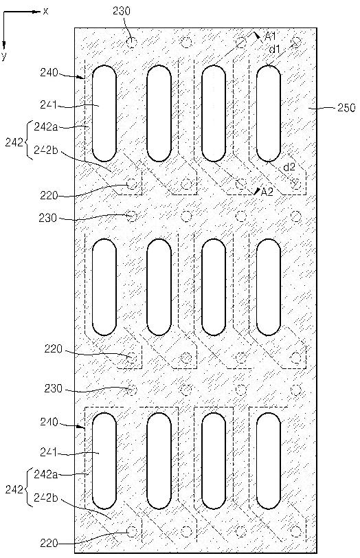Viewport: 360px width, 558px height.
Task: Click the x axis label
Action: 45,12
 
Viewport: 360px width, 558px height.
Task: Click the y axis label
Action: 3,55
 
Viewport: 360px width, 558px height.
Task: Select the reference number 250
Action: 346,107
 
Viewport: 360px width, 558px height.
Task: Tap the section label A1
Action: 269,36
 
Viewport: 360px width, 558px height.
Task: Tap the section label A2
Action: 267,192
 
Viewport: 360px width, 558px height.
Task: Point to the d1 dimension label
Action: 274,49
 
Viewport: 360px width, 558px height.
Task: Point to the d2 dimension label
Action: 289,166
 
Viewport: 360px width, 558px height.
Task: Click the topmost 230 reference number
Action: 122,11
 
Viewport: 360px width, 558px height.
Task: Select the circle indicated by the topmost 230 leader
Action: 132,43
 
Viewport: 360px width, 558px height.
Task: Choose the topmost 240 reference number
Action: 49,73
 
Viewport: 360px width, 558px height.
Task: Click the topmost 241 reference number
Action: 49,104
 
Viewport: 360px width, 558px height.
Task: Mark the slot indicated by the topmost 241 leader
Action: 104,113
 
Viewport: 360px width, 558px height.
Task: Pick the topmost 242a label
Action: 45,127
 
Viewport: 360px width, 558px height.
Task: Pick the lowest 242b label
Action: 46,498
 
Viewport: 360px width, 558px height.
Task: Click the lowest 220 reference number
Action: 49,543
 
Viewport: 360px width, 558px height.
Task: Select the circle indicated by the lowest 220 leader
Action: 132,532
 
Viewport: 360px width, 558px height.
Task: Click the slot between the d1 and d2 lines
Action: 269,113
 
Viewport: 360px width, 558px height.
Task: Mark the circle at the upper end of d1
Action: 296,43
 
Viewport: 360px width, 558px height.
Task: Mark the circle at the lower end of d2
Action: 296,184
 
